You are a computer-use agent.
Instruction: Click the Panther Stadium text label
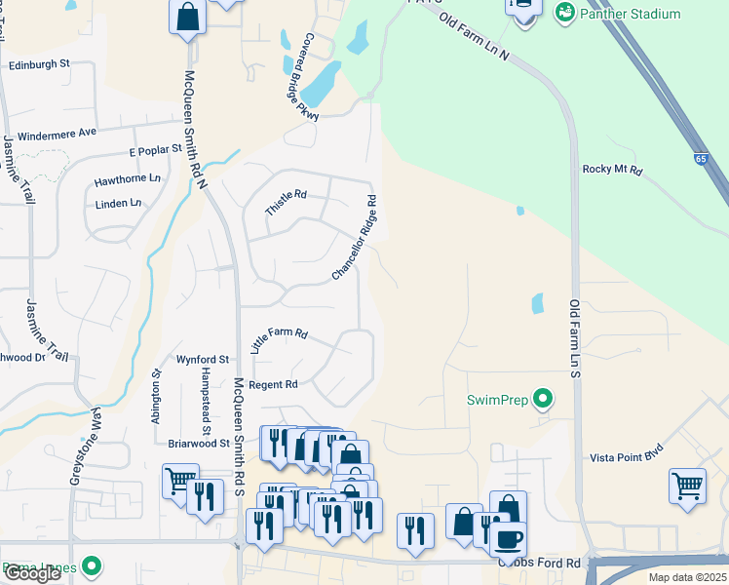pyautogui.click(x=630, y=14)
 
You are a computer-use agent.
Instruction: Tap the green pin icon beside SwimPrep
pyautogui.click(x=544, y=400)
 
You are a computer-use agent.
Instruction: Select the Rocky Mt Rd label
pyautogui.click(x=612, y=170)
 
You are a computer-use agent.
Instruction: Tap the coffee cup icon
pyautogui.click(x=507, y=537)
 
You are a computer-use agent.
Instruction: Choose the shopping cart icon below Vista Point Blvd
pyautogui.click(x=687, y=485)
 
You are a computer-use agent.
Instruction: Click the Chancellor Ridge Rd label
pyautogui.click(x=354, y=237)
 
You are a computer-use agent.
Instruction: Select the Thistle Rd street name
pyautogui.click(x=286, y=203)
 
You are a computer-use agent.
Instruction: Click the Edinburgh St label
pyautogui.click(x=39, y=64)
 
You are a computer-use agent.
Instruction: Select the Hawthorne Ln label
pyautogui.click(x=127, y=179)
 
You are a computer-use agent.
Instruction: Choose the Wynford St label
pyautogui.click(x=203, y=360)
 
